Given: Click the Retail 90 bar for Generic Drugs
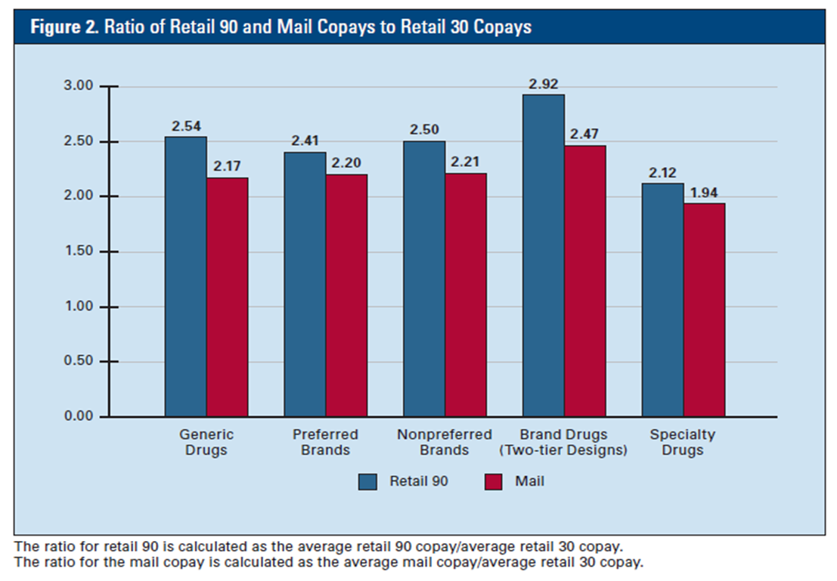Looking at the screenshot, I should point(186,277).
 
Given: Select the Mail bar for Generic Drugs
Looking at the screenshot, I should point(228,297).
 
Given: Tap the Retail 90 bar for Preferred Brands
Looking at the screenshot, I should point(305,284).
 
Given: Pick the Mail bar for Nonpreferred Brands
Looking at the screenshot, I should point(466,295).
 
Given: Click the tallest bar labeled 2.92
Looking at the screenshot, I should point(544,255).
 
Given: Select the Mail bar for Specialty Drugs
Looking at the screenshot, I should point(705,310).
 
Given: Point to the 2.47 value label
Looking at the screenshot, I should point(584,133).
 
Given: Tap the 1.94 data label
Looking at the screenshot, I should point(704,191).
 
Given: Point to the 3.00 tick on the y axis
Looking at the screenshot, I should point(77,86).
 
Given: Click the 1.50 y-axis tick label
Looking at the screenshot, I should point(77,252).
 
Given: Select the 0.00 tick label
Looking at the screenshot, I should point(77,416).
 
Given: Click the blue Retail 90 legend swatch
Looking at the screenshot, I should point(368,481).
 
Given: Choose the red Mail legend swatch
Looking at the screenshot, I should point(493,481).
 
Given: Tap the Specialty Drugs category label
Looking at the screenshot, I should point(682,442).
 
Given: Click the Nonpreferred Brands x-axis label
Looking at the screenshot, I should point(444,442).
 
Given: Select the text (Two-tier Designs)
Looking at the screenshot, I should point(563,450).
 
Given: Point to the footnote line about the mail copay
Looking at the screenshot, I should point(328,562).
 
